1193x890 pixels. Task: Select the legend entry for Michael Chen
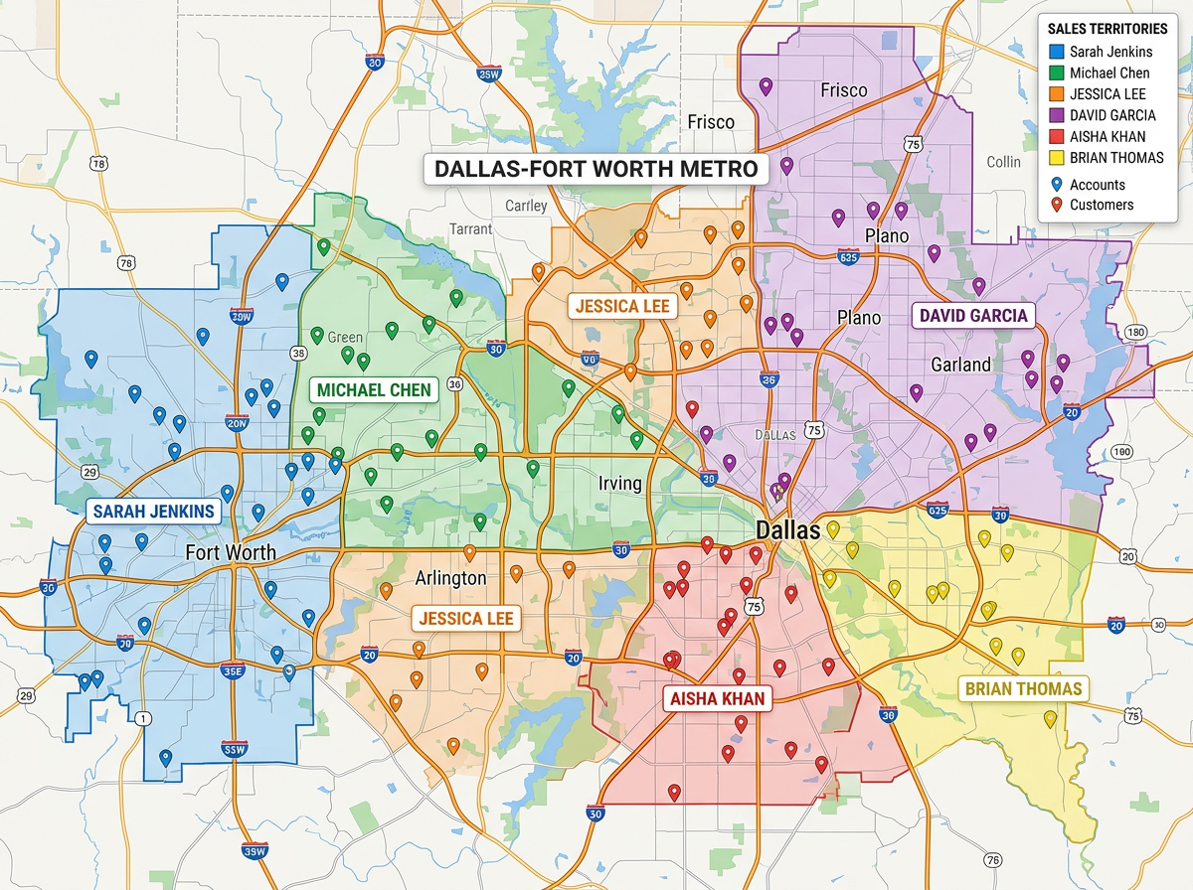(x=1109, y=73)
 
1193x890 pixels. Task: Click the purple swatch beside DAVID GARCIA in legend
(x=1057, y=115)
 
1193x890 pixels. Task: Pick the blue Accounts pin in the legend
(x=1057, y=184)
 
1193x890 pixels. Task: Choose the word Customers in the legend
(x=1102, y=205)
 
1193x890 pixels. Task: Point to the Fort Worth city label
(x=231, y=551)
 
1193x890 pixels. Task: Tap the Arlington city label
(x=450, y=577)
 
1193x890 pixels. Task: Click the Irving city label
(x=621, y=484)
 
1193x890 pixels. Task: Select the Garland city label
(x=960, y=364)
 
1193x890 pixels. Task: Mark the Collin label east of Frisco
(x=1003, y=162)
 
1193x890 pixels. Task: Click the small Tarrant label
(x=470, y=228)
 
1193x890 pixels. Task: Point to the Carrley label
(x=526, y=206)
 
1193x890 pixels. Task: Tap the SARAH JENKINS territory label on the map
(x=153, y=512)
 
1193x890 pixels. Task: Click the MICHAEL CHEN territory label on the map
(x=374, y=389)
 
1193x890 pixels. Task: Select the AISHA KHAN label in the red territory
(x=718, y=698)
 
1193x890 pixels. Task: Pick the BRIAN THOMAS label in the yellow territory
(x=1020, y=688)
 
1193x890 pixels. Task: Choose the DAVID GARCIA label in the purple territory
(x=973, y=316)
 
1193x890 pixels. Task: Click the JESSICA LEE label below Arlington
(x=466, y=619)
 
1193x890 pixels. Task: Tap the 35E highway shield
(x=233, y=670)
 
